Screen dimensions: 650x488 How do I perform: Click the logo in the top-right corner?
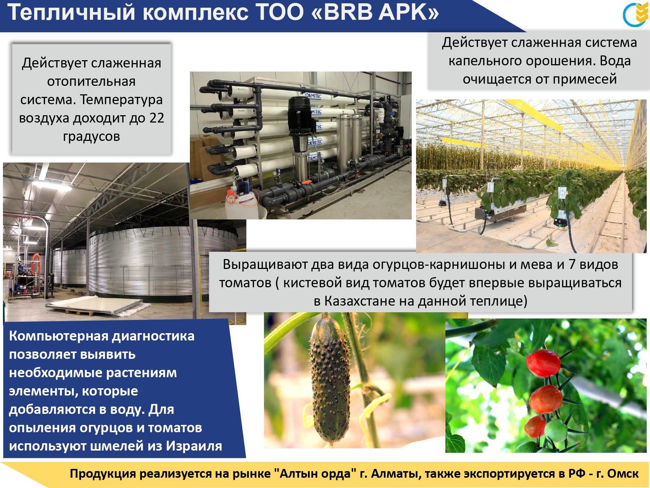coord(636,14)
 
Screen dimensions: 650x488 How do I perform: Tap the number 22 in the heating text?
coord(157,118)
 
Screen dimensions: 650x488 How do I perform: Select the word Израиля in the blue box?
coord(194,446)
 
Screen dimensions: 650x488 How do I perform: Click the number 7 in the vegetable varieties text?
coord(572,264)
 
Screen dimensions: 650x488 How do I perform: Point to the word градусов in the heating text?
coord(92,136)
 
